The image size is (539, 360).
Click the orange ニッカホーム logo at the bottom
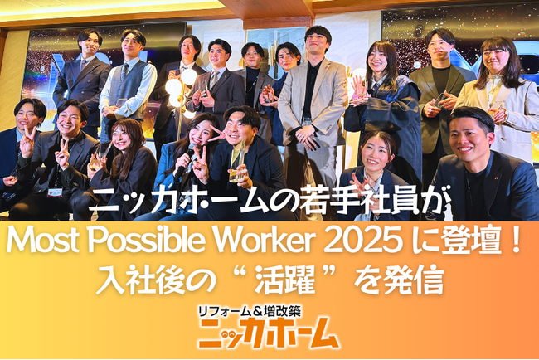269,333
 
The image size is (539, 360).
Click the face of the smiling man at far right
473,133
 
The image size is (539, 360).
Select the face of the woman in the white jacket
498,56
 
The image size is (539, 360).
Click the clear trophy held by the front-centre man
237,158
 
